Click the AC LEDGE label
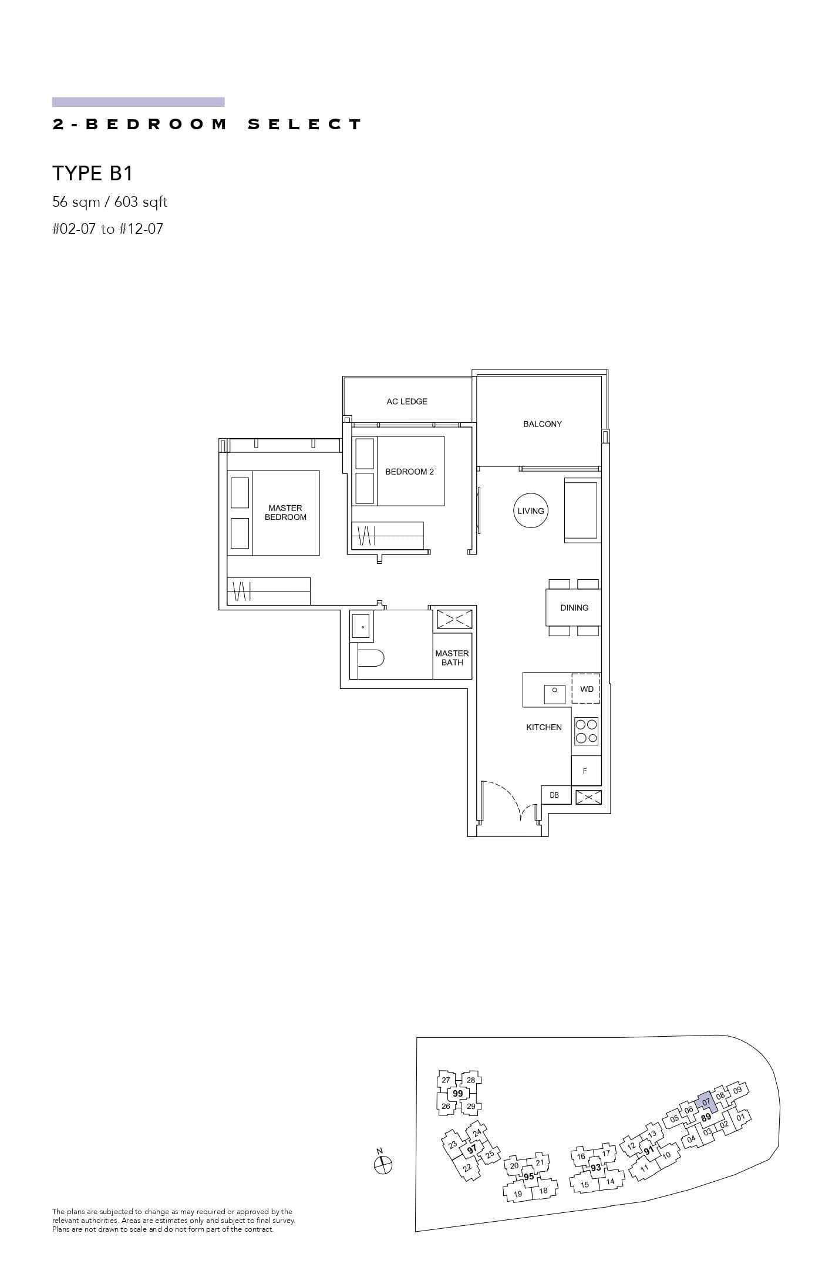tap(406, 402)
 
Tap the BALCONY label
tap(542, 424)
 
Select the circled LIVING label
tap(530, 511)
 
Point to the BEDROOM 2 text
tap(409, 472)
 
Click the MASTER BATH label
tap(452, 658)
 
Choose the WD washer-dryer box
tap(586, 689)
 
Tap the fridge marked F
tap(585, 771)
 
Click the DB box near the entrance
tap(554, 795)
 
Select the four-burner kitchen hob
tap(586, 731)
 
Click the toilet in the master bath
tap(370, 658)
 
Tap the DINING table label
tap(574, 608)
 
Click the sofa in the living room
tap(581, 511)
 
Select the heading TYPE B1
tap(93, 173)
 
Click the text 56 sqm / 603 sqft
tap(110, 202)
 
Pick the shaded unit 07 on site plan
tap(706, 1103)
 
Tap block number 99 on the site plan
tap(457, 1093)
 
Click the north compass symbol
tap(383, 1164)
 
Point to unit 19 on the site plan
tap(517, 1194)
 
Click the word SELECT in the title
tap(305, 125)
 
